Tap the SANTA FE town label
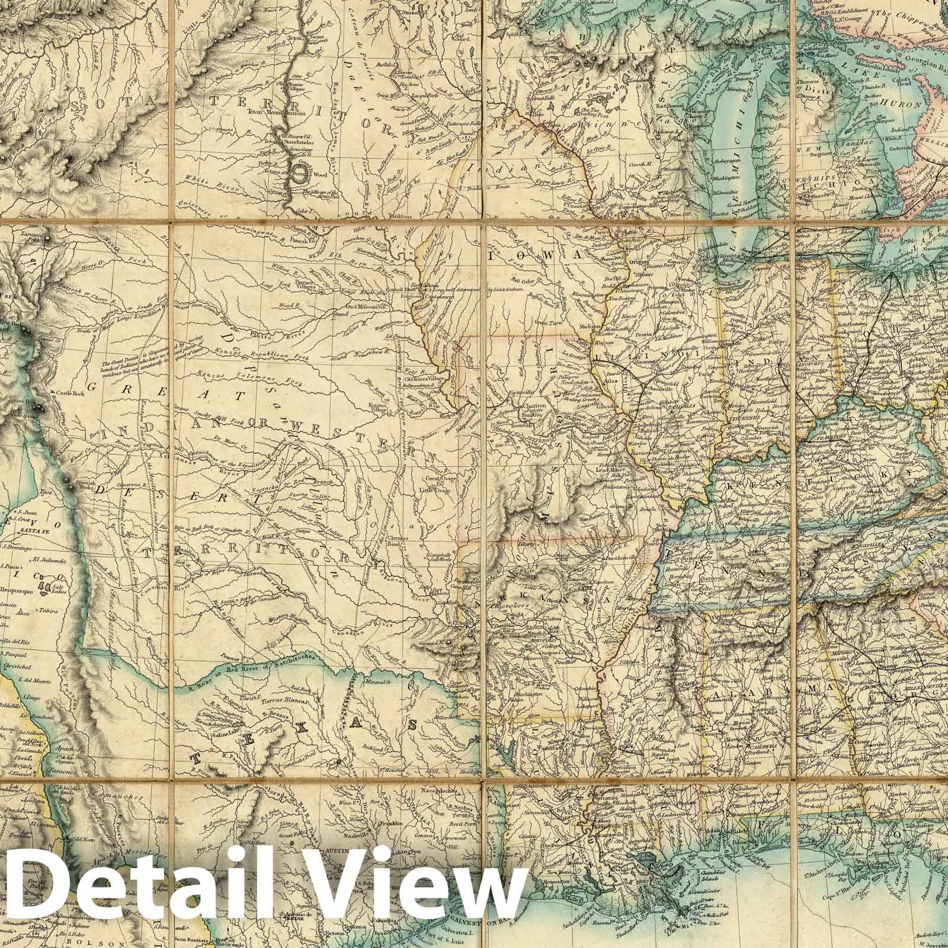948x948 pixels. pos(24,533)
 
